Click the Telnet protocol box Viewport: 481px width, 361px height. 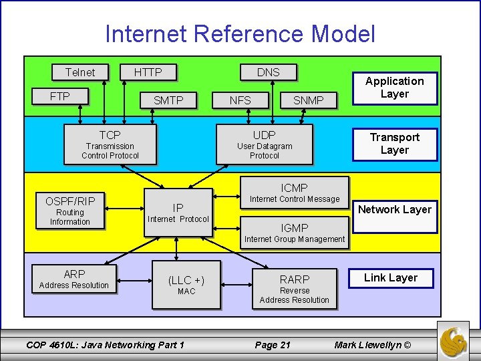(80, 72)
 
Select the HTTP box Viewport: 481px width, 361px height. (148, 72)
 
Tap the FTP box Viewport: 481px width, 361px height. (60, 96)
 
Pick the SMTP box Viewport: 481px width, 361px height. (168, 100)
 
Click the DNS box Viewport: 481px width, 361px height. (269, 72)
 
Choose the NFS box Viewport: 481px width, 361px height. (240, 100)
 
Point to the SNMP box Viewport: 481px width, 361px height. (309, 100)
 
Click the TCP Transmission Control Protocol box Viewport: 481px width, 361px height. (110, 144)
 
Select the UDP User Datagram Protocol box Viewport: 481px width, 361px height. (265, 144)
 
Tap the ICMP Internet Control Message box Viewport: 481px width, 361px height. (295, 193)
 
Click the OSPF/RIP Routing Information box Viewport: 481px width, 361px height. (70, 211)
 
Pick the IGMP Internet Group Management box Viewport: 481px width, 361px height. (295, 233)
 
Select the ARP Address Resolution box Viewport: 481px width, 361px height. (74, 279)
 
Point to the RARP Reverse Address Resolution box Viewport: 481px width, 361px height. (295, 289)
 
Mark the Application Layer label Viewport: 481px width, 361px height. (394, 88)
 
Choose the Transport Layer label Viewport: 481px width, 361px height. (394, 144)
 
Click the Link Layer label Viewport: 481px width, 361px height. (391, 277)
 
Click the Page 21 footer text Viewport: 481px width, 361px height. (273, 345)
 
